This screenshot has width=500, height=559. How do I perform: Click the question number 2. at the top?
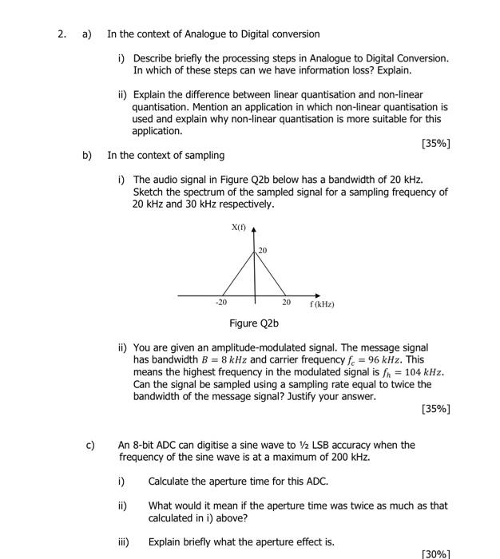tap(60, 34)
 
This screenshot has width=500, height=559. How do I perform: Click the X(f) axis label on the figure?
tap(239, 228)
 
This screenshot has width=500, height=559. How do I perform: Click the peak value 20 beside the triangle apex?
tap(263, 251)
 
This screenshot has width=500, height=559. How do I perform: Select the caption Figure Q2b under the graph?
tap(254, 323)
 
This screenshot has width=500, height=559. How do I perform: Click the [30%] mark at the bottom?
tap(435, 553)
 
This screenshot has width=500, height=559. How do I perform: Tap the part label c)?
tap(91, 445)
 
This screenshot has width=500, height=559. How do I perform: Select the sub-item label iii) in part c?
tap(123, 542)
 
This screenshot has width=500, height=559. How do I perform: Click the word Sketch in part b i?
tap(148, 192)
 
